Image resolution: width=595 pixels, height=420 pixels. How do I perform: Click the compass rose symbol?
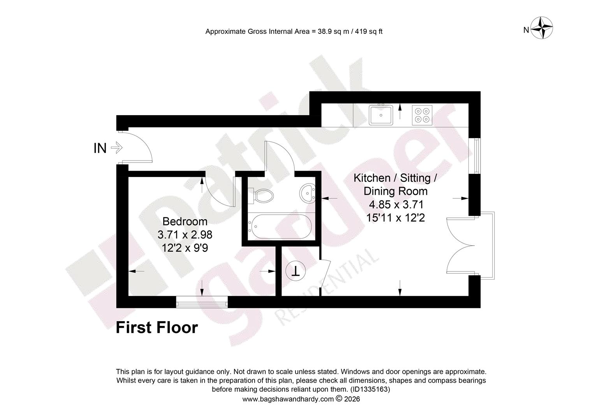(542, 28)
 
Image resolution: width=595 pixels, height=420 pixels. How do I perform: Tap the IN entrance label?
(100, 148)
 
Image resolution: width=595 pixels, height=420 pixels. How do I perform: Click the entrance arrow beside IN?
(116, 147)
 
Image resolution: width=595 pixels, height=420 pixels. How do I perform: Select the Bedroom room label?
(185, 221)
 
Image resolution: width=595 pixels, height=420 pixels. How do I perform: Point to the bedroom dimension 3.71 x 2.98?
(185, 234)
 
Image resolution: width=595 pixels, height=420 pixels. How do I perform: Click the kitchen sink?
(381, 115)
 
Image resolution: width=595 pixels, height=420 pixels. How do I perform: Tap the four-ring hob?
(422, 115)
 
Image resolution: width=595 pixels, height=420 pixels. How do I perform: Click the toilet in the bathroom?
(261, 196)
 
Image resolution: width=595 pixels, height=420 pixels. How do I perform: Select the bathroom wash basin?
(307, 193)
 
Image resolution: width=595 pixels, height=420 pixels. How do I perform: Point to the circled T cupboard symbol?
(296, 271)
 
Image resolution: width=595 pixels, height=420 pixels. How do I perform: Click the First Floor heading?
(157, 327)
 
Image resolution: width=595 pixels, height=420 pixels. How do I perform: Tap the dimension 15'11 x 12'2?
(396, 217)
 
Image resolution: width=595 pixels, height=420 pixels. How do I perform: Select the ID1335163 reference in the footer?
(370, 389)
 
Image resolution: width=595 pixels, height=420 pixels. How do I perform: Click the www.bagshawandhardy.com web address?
(288, 399)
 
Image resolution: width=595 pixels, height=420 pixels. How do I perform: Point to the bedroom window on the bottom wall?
(202, 302)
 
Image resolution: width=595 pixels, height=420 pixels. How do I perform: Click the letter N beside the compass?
(526, 30)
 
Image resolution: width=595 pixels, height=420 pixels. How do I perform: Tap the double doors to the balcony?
(461, 245)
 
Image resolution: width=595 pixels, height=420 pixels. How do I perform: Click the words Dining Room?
(396, 191)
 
